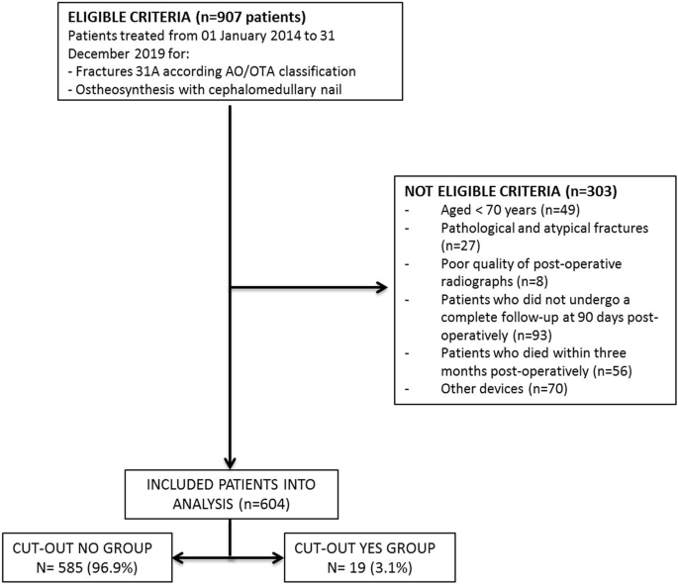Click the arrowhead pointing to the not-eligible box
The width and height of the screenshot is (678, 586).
click(381, 289)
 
